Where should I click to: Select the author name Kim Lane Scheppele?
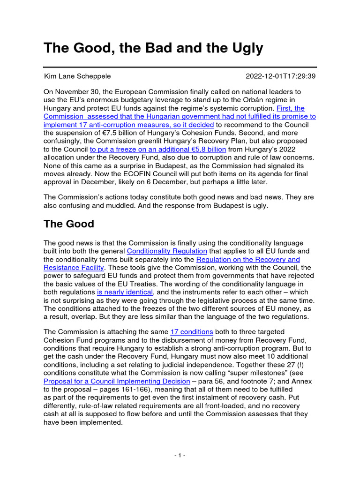[77, 76]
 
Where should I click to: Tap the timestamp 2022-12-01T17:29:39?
[281, 76]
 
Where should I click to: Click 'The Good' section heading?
[68, 224]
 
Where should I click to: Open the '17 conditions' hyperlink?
[192, 332]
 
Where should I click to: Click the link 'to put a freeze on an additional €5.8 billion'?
[158, 150]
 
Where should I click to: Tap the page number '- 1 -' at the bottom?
[180, 456]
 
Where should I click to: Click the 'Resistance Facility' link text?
[74, 268]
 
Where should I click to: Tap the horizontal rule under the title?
[180, 67]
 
